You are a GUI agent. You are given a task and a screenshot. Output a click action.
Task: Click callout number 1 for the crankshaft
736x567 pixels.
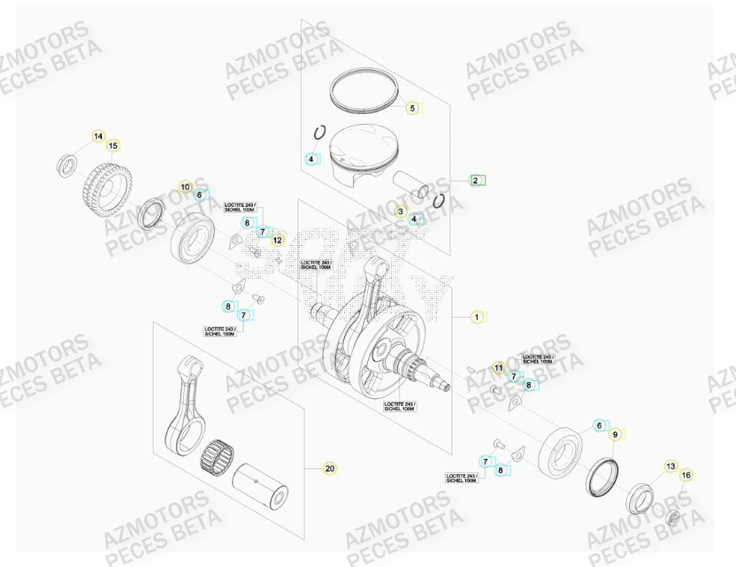[x=476, y=316]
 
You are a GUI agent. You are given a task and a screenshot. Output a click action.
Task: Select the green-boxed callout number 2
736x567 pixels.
[x=476, y=180]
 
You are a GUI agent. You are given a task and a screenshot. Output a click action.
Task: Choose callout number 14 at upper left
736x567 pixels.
[x=98, y=136]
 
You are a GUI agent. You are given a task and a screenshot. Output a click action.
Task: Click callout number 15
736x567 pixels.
[x=113, y=146]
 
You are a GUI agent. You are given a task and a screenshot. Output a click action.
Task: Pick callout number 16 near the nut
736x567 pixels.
[x=686, y=475]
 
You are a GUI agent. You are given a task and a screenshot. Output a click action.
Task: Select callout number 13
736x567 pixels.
[x=670, y=466]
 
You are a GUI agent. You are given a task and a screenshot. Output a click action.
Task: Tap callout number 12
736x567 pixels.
[x=277, y=240]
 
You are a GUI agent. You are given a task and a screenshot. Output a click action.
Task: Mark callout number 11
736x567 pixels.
[x=498, y=367]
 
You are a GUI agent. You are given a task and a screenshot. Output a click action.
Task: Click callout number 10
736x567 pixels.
[x=186, y=187]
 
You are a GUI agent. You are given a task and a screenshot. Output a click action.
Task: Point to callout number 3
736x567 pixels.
[x=400, y=211]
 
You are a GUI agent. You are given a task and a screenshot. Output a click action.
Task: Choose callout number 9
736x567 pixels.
[x=617, y=434]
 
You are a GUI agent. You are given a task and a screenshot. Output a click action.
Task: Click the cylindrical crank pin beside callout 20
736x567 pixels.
[x=262, y=486]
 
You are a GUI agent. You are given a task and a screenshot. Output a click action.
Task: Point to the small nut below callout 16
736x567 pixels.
[x=672, y=517]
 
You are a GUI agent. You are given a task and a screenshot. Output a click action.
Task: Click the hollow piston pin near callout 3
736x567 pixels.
[x=410, y=182]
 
